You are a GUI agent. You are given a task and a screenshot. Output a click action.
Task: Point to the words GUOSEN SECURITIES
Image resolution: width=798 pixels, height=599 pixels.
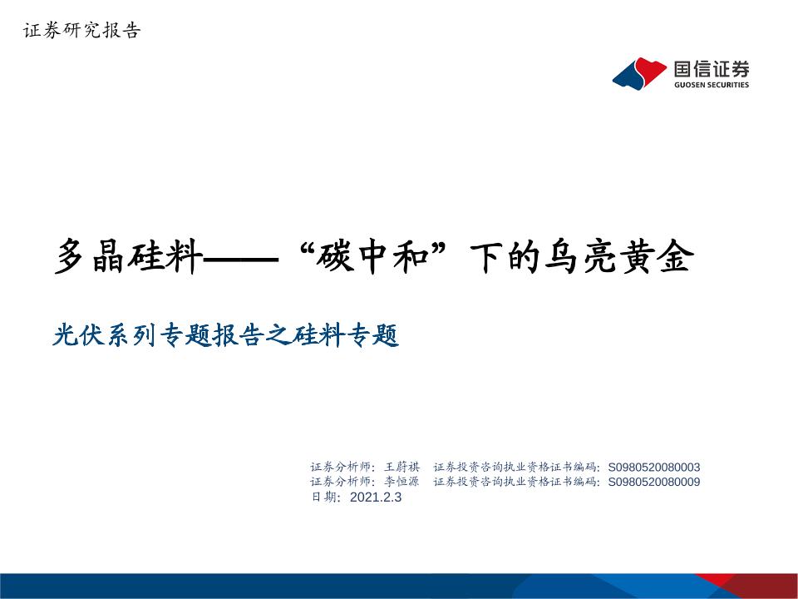712,85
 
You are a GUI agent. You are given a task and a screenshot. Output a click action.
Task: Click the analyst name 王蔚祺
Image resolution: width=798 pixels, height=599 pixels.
402,467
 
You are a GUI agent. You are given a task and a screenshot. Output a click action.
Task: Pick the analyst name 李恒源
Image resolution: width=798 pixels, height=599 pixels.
402,482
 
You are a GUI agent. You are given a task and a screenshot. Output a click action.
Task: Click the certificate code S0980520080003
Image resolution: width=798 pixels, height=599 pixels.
654,467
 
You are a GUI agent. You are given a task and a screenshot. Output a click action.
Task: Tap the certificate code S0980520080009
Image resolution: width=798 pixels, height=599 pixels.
654,482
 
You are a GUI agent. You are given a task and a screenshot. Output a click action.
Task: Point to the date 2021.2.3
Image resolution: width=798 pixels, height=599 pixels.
376,497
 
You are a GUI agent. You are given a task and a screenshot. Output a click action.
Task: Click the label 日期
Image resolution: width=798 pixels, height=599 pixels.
323,497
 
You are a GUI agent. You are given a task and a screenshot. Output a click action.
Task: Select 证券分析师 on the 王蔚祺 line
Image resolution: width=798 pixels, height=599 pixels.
340,467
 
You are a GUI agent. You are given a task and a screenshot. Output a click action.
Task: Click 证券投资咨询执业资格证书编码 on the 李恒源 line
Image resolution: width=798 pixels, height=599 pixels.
515,482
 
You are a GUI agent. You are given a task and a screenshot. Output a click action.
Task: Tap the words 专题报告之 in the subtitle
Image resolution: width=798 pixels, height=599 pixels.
224,336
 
